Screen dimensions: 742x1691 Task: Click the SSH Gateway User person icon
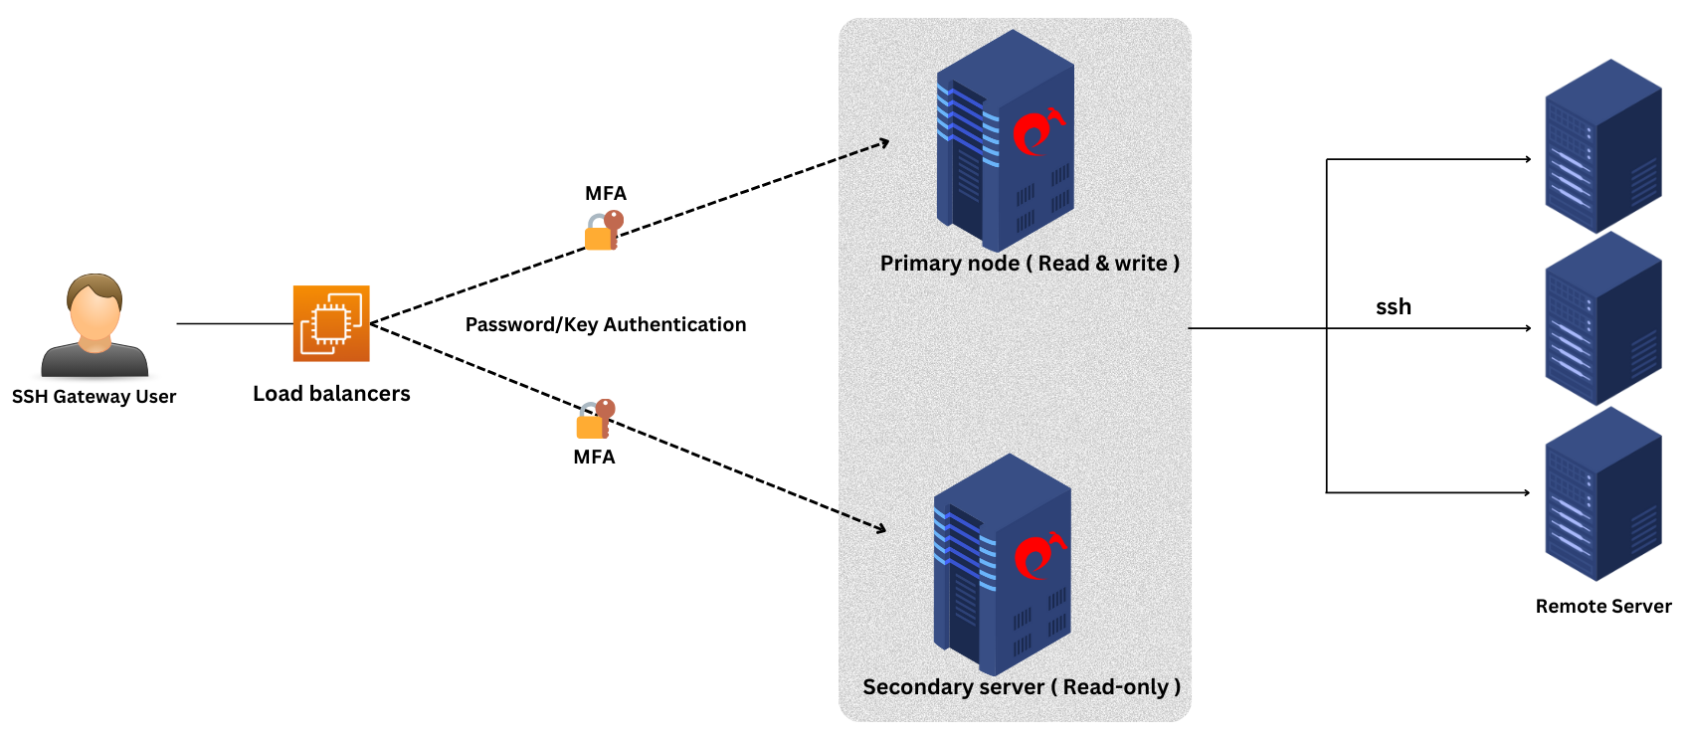(x=94, y=325)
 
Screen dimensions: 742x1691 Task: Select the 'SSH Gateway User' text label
(x=94, y=397)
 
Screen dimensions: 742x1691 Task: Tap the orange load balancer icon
(x=331, y=323)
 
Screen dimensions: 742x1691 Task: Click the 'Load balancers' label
(x=331, y=394)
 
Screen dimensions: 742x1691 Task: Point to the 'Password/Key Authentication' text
(x=605, y=324)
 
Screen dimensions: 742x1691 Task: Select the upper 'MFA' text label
(x=605, y=194)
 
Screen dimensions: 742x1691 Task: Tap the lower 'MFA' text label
(x=594, y=458)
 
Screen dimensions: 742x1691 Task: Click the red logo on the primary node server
(x=1036, y=132)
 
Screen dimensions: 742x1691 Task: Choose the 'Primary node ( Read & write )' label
(x=1030, y=264)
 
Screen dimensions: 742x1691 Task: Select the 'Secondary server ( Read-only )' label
(x=1022, y=687)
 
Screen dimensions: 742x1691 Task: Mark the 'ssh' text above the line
(x=1393, y=307)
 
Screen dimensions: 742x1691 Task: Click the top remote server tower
(x=1602, y=146)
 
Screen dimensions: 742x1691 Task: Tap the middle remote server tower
(x=1602, y=319)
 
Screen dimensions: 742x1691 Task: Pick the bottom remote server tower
(x=1602, y=494)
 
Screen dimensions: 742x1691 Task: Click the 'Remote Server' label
(x=1602, y=607)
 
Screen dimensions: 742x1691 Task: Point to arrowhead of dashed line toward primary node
(x=884, y=143)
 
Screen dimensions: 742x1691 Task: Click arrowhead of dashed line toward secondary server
(x=880, y=528)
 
